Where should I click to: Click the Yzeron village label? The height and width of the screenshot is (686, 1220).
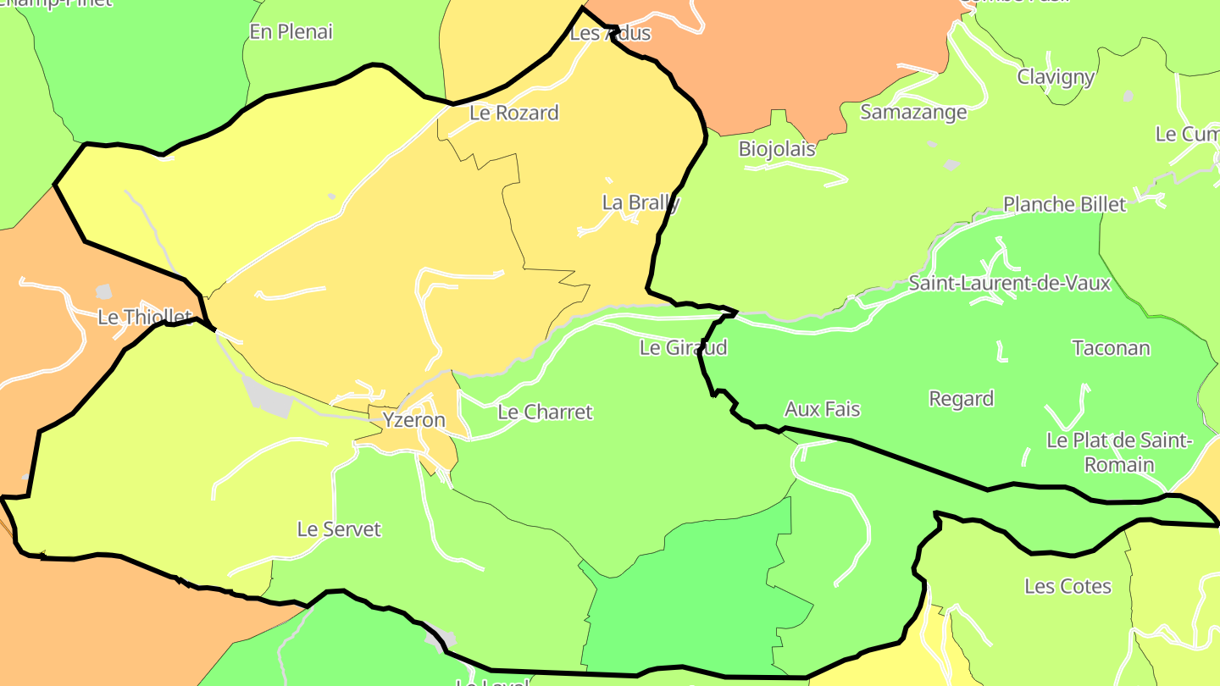413,420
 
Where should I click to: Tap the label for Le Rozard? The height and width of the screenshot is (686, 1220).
513,113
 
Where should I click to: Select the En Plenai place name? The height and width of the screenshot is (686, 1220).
291,32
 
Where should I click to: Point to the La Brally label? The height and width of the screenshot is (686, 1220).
640,202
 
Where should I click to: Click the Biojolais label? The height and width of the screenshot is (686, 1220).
777,149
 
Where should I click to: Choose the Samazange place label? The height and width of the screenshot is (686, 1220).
913,112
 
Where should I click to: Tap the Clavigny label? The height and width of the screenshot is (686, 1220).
1056,77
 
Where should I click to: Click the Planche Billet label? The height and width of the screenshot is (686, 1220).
1064,204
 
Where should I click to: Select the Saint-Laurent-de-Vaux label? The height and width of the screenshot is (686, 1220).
1009,283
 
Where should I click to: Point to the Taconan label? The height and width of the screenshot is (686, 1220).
1111,348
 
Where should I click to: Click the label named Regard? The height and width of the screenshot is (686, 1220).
961,399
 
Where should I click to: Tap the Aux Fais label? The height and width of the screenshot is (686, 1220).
822,409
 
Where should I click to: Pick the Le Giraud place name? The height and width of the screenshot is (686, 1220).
683,347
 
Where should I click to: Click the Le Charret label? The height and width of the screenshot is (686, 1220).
545,412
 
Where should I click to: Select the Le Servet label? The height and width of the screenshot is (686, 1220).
339,529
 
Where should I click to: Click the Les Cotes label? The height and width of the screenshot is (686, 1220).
1067,586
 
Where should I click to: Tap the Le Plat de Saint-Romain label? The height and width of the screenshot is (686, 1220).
1119,452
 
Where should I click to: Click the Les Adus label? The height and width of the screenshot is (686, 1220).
610,33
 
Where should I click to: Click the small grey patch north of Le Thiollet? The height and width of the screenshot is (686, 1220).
103,292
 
